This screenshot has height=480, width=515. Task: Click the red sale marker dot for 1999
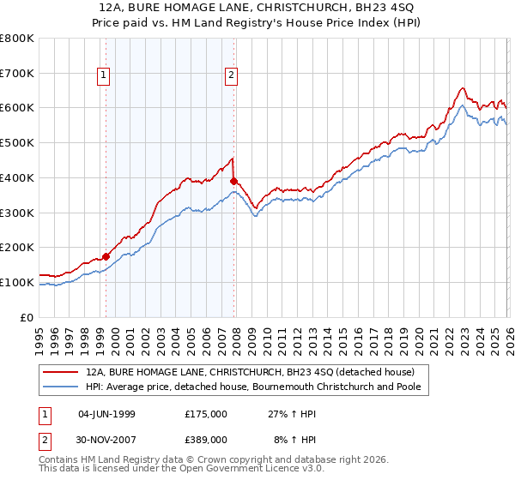(106, 255)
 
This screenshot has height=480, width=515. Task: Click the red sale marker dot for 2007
(233, 181)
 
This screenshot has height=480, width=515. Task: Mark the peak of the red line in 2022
(462, 87)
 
